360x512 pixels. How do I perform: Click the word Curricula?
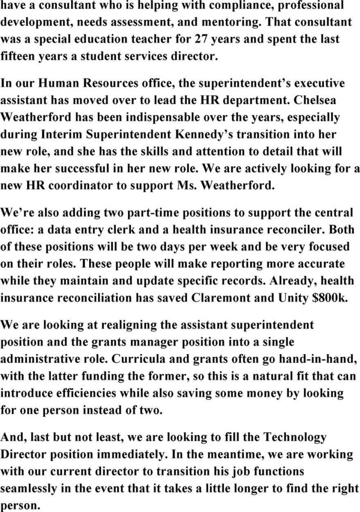(x=143, y=359)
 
